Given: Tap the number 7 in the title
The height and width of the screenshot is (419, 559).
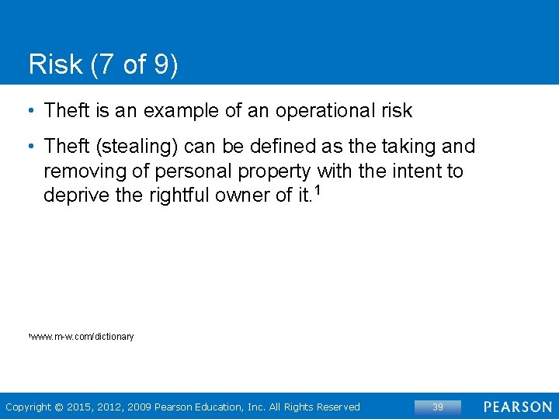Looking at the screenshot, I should (108, 64).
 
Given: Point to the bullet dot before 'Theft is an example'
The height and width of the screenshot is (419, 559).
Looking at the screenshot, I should (30, 111).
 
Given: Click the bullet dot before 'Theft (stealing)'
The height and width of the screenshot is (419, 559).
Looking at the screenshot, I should (30, 147).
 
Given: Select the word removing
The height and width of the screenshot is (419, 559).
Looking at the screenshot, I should (79, 171).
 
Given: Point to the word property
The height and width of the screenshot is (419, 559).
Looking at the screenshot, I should (275, 171).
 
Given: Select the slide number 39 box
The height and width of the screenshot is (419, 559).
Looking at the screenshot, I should (438, 407).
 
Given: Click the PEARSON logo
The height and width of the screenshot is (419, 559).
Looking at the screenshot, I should (518, 407).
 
